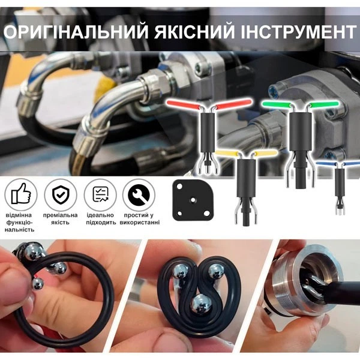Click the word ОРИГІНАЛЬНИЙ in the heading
click(76, 32)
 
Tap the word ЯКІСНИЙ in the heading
click(194, 32)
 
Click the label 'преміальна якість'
click(60, 219)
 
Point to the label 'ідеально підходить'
click(101, 219)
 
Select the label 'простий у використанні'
click(139, 219)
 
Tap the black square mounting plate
click(193, 200)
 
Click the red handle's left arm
click(183, 104)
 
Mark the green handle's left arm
click(277, 104)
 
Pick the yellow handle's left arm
click(227, 153)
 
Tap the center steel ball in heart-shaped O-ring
click(202, 304)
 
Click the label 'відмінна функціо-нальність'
click(20, 222)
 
